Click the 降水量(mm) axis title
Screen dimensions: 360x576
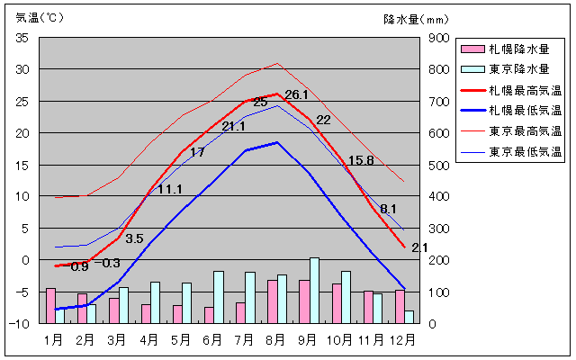pyautogui.click(x=415, y=17)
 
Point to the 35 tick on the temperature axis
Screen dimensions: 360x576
pyautogui.click(x=22, y=38)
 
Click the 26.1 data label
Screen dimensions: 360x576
pyautogui.click(x=296, y=94)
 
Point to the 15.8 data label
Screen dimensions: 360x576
pyautogui.click(x=361, y=161)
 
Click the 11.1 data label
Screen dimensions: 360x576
pyautogui.click(x=170, y=189)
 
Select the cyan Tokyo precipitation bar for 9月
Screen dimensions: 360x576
pyautogui.click(x=314, y=290)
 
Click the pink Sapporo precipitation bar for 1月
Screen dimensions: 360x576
pyautogui.click(x=50, y=305)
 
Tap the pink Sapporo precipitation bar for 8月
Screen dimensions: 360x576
pyautogui.click(x=272, y=301)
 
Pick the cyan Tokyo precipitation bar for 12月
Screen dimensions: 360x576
pyautogui.click(x=409, y=317)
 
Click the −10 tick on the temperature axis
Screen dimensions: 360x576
pyautogui.click(x=20, y=323)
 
